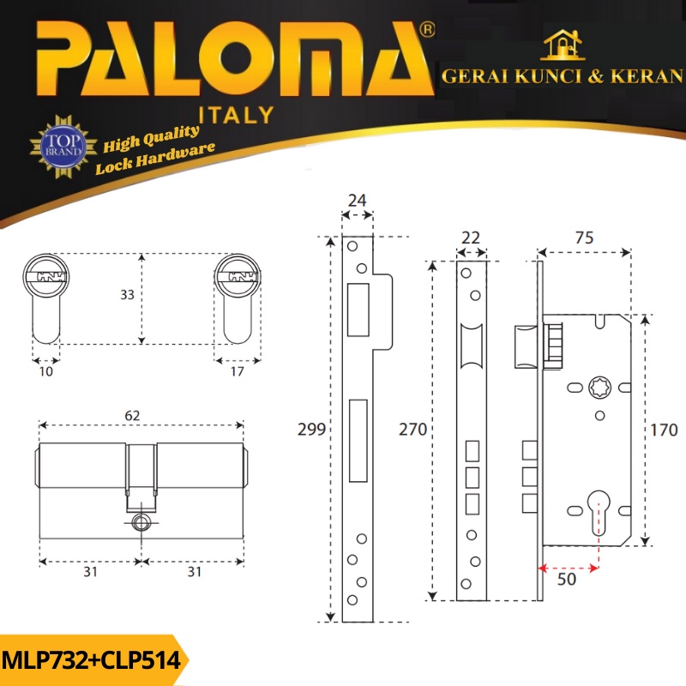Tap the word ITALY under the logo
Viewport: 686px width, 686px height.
[236, 114]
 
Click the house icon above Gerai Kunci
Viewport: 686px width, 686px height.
[562, 45]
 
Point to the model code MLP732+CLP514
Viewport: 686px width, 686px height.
[91, 660]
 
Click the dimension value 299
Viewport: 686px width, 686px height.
[310, 430]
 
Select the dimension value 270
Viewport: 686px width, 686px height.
[412, 430]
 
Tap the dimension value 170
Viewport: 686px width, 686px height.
[665, 430]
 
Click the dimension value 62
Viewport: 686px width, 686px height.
[132, 415]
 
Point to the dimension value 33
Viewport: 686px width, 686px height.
[128, 295]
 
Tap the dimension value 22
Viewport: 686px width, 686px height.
[469, 238]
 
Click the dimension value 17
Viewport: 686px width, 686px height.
[237, 371]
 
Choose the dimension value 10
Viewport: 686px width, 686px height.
[45, 371]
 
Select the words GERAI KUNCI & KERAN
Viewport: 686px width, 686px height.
[563, 76]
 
